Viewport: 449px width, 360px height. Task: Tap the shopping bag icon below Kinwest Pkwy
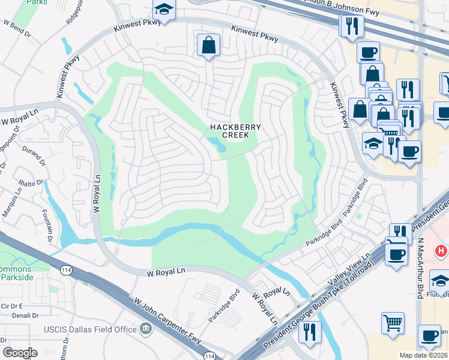pyautogui.click(x=208, y=45)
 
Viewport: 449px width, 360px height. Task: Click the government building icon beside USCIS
pyautogui.click(x=145, y=329)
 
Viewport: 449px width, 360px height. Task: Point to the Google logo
pyautogui.click(x=20, y=353)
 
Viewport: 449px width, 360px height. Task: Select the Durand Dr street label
pyautogui.click(x=34, y=157)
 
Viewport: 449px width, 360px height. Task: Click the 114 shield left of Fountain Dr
pyautogui.click(x=66, y=271)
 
